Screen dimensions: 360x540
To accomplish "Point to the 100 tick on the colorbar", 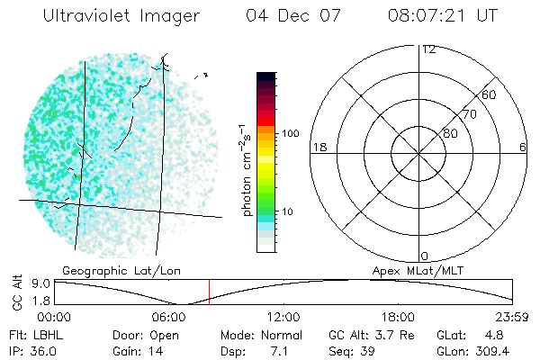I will (x=290, y=133).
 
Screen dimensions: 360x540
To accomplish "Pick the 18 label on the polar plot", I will (x=318, y=147).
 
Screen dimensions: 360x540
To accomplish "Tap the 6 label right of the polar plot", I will (x=523, y=147).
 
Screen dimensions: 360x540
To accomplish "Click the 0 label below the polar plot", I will (x=425, y=256).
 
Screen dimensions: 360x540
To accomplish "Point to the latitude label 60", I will (x=489, y=94).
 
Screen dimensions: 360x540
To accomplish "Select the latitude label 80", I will (x=449, y=133).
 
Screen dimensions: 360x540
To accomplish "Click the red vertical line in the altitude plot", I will (x=209, y=292).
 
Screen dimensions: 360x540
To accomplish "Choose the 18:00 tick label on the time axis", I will (x=399, y=317).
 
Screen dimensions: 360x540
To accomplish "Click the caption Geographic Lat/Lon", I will (x=111, y=271).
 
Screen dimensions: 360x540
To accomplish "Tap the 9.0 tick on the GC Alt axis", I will (x=41, y=282).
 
